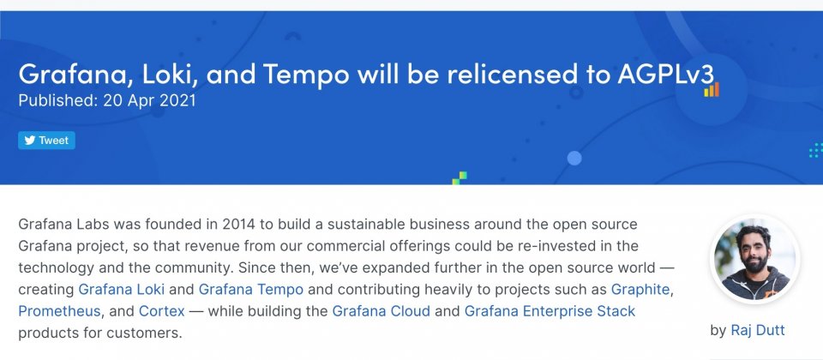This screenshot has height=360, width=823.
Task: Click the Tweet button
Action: coord(46,140)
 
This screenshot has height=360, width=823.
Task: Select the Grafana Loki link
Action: coord(121,289)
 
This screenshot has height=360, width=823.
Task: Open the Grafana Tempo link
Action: coord(251,289)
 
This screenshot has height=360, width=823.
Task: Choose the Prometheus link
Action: coord(59,311)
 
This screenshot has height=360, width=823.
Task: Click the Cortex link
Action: coord(162,311)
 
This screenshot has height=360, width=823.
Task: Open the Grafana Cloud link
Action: coord(381,311)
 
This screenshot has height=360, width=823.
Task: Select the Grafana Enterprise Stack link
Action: coord(550,311)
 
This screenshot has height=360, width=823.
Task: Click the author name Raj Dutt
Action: coord(757,330)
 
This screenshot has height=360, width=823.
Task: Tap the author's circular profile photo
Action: coord(754,259)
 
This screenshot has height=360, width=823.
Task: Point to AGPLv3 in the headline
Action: coord(666,74)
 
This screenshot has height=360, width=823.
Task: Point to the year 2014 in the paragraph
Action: coord(239,224)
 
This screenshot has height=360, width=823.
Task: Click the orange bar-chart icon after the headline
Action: coord(712,90)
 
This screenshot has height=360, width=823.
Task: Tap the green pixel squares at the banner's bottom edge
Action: coord(460,178)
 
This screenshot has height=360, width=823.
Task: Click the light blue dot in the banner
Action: coord(574,158)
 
